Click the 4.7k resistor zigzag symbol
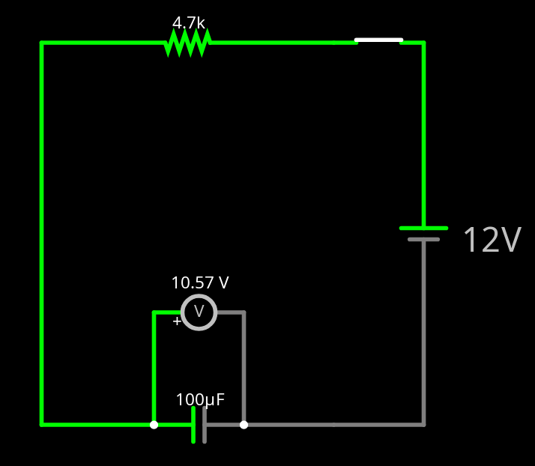coord(187,43)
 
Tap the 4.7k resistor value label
coord(189,23)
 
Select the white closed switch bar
coord(378,40)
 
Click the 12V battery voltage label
coord(492,240)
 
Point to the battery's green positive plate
coord(423,228)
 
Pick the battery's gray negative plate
coord(423,240)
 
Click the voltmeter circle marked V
coord(199,312)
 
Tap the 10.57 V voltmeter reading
coord(200,283)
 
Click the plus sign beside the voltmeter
coord(176,321)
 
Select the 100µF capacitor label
coord(200,400)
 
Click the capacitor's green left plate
coord(193,425)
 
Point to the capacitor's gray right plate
coord(205,425)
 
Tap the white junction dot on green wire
coord(154,425)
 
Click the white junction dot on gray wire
coord(244,425)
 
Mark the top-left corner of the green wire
coord(42,43)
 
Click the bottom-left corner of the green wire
coord(42,425)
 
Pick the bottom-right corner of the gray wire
coord(423,425)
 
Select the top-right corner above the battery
coord(423,43)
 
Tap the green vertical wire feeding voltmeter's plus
coord(154,367)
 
